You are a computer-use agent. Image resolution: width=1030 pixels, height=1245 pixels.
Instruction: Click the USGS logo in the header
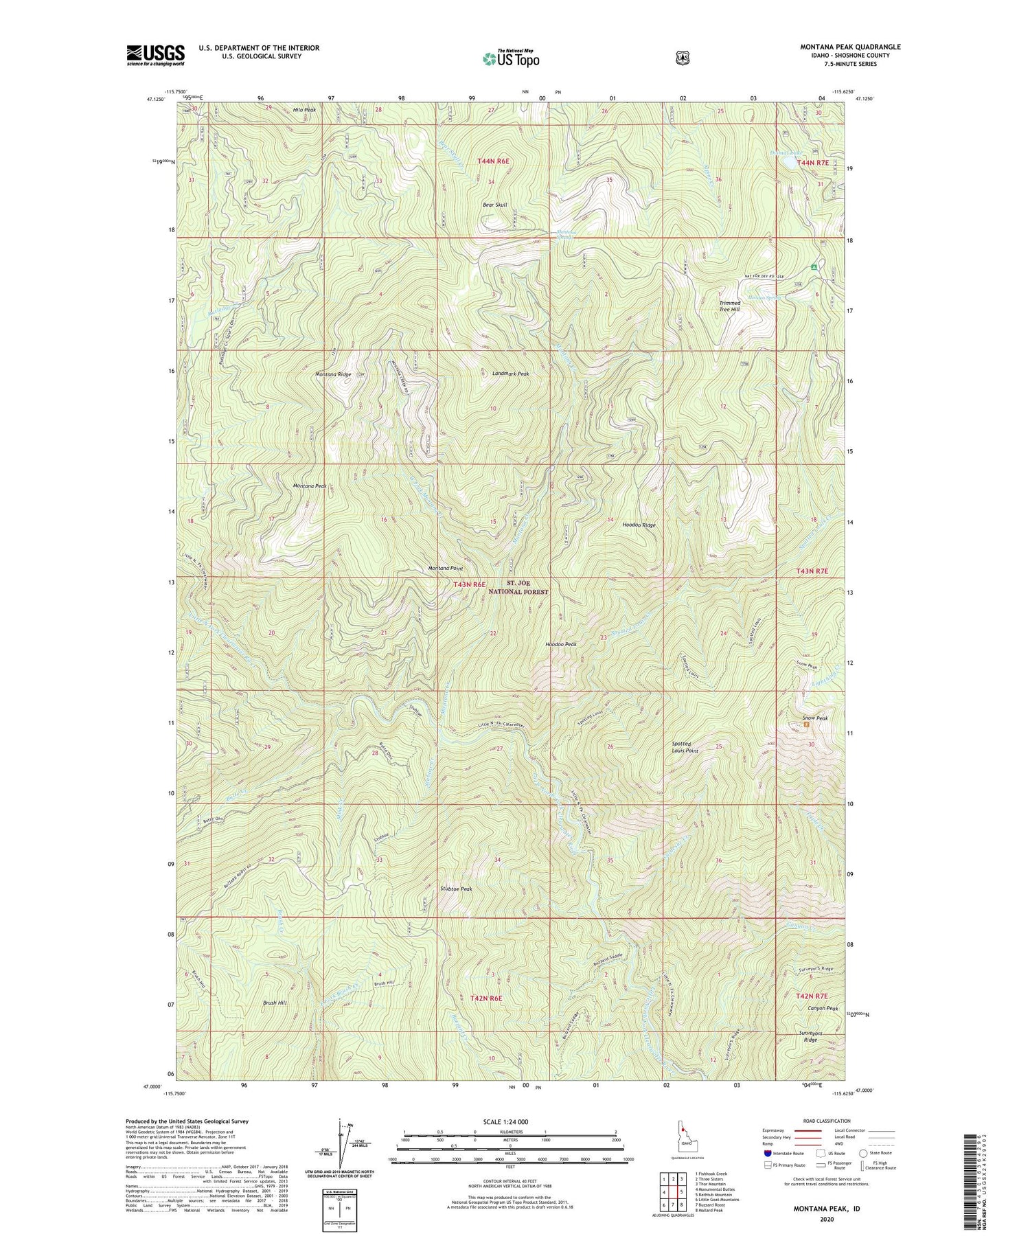point(155,55)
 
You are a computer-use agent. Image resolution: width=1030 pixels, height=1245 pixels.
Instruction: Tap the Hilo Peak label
point(304,110)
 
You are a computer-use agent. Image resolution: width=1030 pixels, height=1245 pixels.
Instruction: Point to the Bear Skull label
point(494,205)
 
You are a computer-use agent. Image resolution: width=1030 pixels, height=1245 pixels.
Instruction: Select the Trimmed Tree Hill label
point(729,306)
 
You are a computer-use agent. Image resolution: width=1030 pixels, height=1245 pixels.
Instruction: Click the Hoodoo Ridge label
point(639,525)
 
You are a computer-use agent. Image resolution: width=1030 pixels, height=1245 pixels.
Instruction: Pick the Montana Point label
point(446,569)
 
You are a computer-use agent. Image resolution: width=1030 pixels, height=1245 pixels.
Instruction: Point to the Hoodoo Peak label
point(560,644)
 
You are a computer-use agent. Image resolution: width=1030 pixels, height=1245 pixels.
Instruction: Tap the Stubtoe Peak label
point(456,889)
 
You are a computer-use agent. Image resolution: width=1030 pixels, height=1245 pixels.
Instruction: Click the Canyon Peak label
point(823,1008)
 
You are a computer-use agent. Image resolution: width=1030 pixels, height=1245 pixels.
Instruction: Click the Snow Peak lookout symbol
point(806,724)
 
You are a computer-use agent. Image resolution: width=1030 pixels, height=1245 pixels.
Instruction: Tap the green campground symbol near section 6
point(814,266)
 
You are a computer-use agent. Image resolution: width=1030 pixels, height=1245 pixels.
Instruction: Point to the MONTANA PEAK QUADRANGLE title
point(850,47)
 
